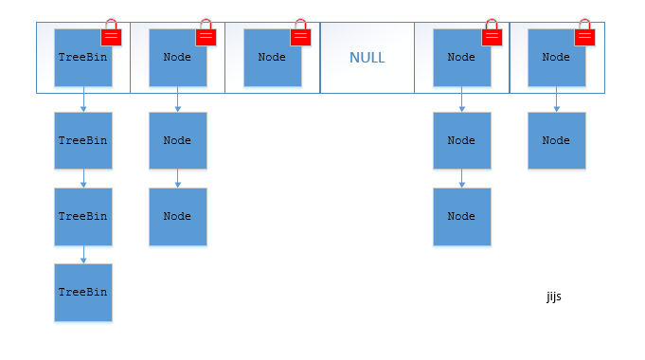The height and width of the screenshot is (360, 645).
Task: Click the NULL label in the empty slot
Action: pos(367,58)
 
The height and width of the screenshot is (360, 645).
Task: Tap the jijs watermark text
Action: pos(554,297)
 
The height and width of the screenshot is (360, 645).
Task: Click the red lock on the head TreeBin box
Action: pos(112,35)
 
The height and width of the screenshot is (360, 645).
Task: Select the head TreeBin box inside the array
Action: pos(83,58)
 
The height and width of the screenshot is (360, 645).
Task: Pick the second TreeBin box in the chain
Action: pos(83,140)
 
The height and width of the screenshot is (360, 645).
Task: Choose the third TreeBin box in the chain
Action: pos(83,216)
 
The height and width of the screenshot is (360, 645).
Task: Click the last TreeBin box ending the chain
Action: pos(83,293)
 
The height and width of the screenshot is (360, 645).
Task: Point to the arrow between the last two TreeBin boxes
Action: pos(83,254)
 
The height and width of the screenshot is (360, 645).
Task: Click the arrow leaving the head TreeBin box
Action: pos(83,99)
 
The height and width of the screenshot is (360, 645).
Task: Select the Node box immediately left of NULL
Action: pos(272,58)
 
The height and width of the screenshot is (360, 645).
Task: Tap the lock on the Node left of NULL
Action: pos(300,35)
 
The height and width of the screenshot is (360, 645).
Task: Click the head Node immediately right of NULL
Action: pos(461,58)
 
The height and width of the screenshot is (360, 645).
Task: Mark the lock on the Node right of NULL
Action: pos(491,35)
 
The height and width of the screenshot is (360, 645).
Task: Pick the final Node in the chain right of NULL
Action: pos(461,216)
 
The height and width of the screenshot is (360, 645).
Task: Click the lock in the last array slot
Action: pos(584,35)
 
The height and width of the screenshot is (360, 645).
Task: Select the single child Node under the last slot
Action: pos(556,140)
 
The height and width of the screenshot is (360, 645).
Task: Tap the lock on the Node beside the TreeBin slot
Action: pos(206,35)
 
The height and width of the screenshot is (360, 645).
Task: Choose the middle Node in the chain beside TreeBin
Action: pos(177,140)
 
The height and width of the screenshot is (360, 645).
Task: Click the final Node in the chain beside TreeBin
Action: pos(177,216)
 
